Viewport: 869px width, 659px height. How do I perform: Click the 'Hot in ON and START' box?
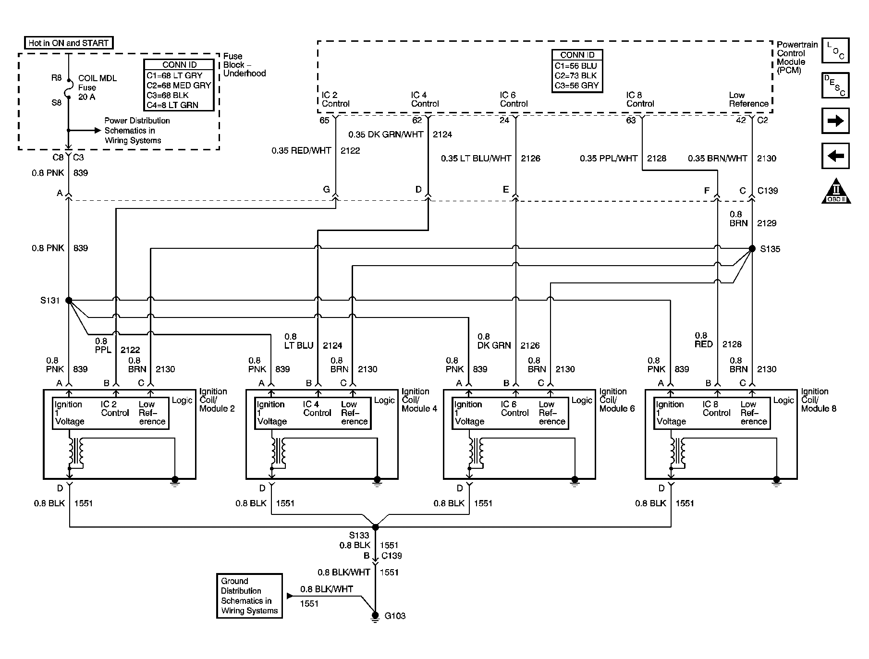[69, 43]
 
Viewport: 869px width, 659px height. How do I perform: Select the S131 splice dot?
[69, 301]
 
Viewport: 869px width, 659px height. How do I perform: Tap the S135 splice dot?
[752, 249]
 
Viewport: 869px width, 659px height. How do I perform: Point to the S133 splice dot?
[376, 527]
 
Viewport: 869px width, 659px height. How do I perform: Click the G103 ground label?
[395, 616]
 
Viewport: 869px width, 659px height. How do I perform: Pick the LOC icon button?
[835, 50]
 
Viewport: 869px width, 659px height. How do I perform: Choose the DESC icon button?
[835, 85]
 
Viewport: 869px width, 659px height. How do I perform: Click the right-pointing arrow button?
[835, 121]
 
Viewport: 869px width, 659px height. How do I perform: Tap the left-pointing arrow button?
[835, 156]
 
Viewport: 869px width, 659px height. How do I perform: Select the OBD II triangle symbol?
[836, 192]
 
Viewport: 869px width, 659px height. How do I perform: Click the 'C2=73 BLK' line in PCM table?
[575, 75]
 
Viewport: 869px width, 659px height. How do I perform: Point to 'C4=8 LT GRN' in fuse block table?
[172, 105]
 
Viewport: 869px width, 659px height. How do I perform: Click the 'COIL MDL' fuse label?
[98, 78]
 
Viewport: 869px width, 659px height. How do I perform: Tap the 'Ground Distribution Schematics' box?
[249, 596]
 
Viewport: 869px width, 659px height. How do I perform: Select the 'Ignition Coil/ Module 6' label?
[617, 400]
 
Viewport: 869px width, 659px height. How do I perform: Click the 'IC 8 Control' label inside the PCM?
[640, 99]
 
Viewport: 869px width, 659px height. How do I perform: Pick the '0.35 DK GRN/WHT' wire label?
[386, 134]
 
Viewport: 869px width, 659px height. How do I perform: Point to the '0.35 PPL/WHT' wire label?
[609, 159]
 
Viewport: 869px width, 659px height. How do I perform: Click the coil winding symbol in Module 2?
[75, 452]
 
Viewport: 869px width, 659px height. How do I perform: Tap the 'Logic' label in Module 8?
[783, 400]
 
